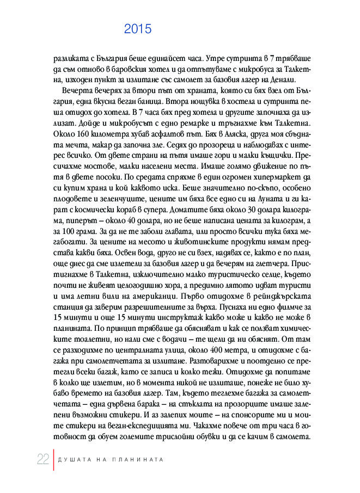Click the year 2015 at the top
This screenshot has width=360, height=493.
[x=137, y=29]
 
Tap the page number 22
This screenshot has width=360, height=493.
[x=43, y=459]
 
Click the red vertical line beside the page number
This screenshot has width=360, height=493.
[x=53, y=459]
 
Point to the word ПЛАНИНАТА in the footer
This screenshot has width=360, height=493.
[x=139, y=459]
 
